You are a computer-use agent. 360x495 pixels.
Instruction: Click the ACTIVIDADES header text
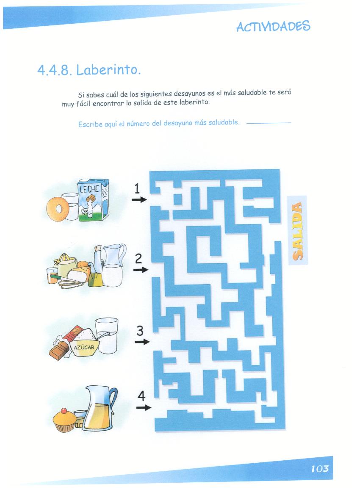coord(273,26)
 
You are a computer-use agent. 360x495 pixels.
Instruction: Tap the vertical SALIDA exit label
coord(297,230)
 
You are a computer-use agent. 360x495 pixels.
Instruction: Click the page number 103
coord(320,469)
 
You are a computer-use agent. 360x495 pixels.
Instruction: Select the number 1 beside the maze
coord(137,189)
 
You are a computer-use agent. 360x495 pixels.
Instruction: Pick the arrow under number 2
coord(141,270)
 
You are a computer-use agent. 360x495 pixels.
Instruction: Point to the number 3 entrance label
coord(140,331)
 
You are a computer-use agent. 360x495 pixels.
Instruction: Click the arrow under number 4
coord(144,408)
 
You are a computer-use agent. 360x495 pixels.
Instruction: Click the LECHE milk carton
coord(94,199)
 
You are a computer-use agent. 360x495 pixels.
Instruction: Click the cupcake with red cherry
coord(64,420)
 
